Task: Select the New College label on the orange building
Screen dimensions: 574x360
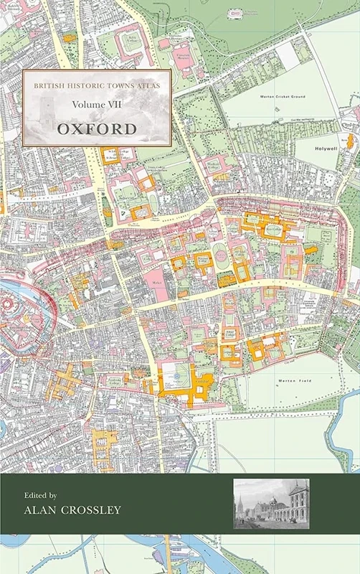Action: click(274, 230)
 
